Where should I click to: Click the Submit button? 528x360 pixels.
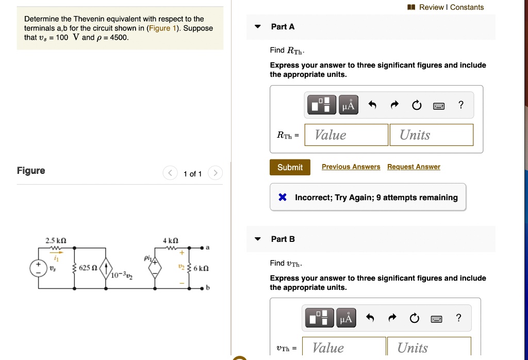290,167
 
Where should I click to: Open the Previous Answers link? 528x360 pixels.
351,167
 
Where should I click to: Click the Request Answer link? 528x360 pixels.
414,167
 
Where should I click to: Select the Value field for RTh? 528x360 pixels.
346,135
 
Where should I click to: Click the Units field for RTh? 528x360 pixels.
431,135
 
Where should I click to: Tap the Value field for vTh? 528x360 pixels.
344,348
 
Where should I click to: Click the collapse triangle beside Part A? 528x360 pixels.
258,27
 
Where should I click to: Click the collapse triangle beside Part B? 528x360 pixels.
258,239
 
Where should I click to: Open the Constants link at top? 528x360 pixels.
467,7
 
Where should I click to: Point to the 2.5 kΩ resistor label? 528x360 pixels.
56,240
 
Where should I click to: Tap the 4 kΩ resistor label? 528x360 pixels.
171,240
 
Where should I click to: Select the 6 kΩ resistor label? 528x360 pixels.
201,269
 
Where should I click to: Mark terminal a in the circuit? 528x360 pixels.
203,248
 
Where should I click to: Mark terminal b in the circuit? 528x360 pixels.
203,288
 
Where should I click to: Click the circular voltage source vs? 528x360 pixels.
38,268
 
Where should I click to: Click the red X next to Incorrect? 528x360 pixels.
283,197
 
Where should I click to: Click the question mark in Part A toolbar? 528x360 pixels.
460,105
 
